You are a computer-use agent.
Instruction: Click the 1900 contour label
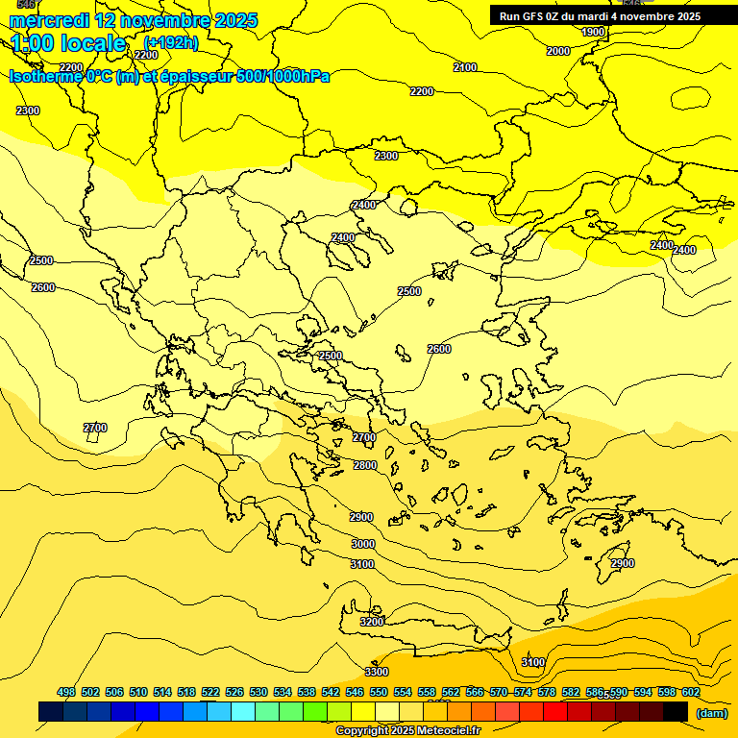point(593,32)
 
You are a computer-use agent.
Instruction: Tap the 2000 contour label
point(557,51)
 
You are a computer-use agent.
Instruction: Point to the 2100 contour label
point(465,67)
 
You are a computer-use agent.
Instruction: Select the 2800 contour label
point(365,465)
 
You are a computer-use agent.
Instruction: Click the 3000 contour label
point(362,544)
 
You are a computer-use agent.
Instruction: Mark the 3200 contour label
point(372,622)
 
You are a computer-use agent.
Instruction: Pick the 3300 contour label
point(377,672)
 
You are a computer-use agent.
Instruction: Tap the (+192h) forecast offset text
point(171,43)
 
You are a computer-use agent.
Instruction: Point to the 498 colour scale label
point(66,692)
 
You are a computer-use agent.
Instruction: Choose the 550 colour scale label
point(379,692)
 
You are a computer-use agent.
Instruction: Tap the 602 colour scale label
point(691,692)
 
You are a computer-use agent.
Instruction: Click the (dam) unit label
point(712,713)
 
